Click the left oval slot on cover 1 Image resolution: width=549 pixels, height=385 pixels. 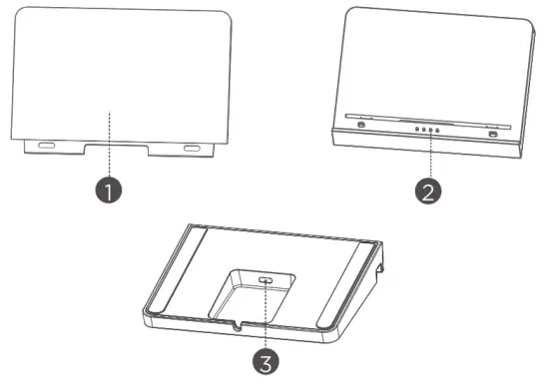46,146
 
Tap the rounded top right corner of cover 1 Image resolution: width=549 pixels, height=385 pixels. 227,21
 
